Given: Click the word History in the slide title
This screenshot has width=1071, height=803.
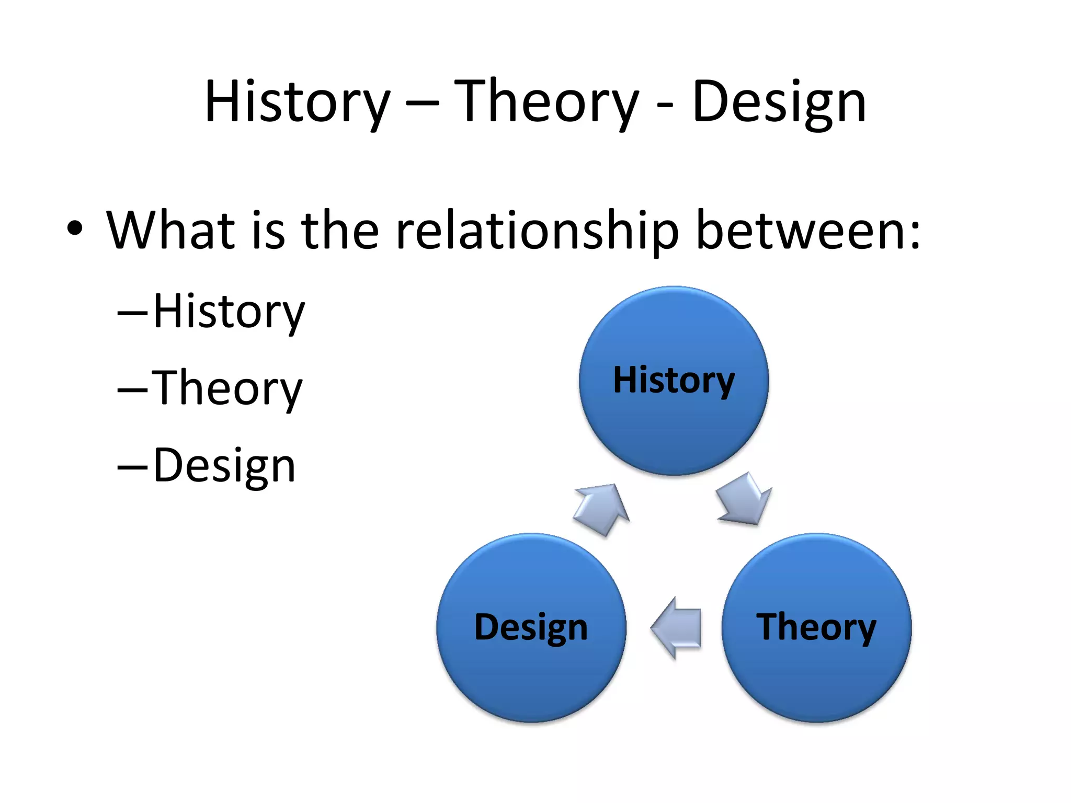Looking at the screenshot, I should [x=297, y=102].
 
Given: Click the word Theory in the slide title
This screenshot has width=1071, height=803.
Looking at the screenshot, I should [x=546, y=102].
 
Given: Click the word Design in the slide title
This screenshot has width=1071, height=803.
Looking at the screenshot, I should [x=779, y=102].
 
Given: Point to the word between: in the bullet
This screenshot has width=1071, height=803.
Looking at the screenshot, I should [x=808, y=230].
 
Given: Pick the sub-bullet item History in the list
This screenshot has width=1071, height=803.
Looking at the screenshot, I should [x=229, y=312].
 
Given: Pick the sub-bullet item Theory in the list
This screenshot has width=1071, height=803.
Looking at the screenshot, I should [x=227, y=389].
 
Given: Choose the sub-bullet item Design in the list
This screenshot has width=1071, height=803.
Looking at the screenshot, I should [x=224, y=465].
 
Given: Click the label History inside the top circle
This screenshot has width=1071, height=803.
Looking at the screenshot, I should [x=674, y=381].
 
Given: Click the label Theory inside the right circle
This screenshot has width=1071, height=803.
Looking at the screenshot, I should [x=816, y=627].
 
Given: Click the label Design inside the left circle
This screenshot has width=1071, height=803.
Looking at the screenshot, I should [x=531, y=627].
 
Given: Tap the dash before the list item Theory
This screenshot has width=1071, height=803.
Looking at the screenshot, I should [x=133, y=390].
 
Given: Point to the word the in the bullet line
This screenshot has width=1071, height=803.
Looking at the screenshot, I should [x=340, y=230].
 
